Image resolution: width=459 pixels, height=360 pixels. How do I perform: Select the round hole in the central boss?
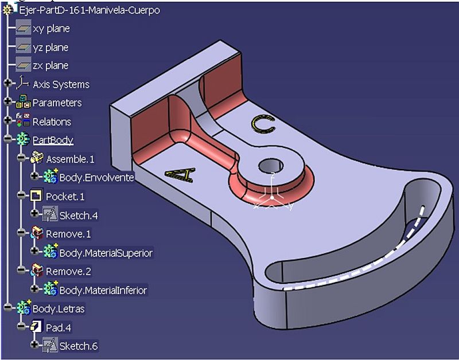(x=271, y=166)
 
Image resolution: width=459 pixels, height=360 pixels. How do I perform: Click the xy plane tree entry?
(x=51, y=29)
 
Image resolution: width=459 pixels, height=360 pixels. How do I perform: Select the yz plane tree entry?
(x=50, y=48)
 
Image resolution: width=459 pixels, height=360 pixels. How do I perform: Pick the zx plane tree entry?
(x=50, y=65)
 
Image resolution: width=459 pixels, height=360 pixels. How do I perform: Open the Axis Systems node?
(x=61, y=84)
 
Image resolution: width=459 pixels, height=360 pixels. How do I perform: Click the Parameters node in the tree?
(x=57, y=103)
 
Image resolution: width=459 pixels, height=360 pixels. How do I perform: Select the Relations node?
(x=52, y=122)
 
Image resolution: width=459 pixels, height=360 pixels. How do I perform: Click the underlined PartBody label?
(x=53, y=140)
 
